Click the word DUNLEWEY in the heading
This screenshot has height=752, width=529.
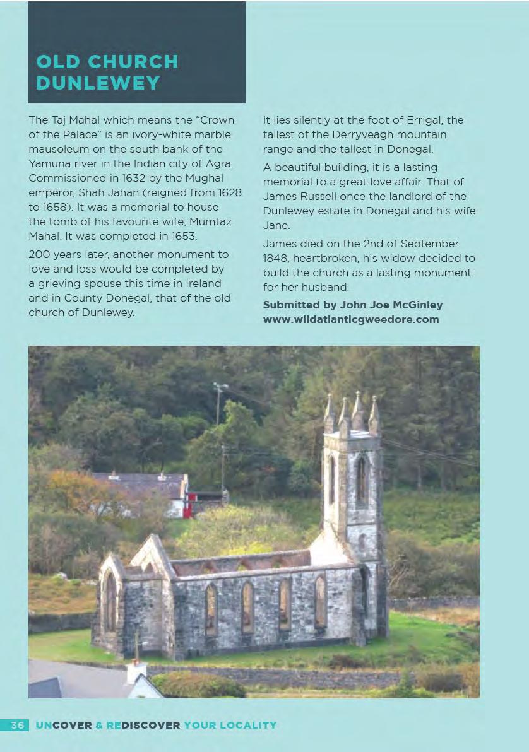(x=98, y=83)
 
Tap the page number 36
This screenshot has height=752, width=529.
(x=18, y=725)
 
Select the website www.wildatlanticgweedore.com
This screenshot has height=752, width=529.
(x=350, y=319)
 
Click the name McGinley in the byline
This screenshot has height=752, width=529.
(x=415, y=305)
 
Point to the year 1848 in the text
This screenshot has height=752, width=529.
(x=276, y=258)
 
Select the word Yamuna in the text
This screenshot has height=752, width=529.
(x=49, y=163)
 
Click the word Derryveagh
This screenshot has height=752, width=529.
(x=345, y=134)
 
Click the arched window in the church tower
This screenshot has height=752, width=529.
(x=362, y=483)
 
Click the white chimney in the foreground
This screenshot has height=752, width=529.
(x=136, y=671)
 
